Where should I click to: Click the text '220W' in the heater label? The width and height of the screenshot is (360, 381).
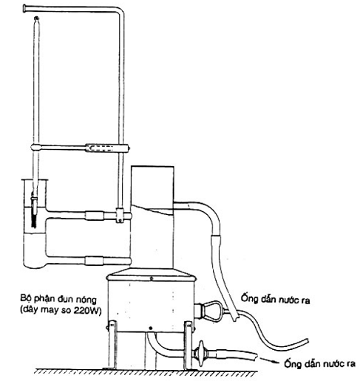[87, 310]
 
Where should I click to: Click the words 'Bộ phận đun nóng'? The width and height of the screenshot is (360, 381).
[58, 299]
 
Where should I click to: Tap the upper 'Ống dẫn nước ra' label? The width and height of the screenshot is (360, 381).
[275, 298]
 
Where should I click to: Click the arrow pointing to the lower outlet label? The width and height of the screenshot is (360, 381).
[269, 361]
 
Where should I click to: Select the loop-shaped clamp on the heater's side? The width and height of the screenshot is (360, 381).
[211, 311]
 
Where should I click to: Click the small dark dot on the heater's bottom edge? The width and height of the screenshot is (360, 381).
[151, 329]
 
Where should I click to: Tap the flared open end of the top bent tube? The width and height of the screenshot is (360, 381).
[25, 8]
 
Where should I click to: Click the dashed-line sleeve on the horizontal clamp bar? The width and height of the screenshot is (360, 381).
[101, 148]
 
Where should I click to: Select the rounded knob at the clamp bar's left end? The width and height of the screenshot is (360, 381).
[35, 148]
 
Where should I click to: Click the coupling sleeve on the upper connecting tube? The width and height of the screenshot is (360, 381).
[95, 216]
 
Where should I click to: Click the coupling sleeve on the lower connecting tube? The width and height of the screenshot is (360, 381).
[94, 261]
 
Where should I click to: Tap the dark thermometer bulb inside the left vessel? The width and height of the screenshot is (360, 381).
[34, 217]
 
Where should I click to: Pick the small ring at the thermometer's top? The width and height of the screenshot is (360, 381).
[36, 18]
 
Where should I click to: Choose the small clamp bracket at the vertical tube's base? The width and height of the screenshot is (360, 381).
[120, 216]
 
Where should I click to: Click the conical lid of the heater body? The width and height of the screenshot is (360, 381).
[152, 274]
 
